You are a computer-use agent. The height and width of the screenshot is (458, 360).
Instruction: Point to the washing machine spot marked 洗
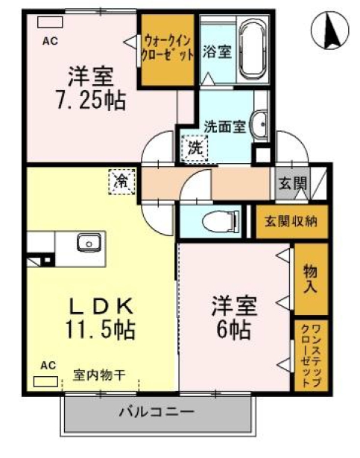(x=195, y=147)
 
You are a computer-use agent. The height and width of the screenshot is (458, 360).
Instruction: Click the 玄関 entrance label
(x=293, y=183)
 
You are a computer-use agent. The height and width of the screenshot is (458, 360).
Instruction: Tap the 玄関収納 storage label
(x=291, y=221)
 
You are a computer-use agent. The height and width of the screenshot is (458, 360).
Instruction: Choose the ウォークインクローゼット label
(x=170, y=50)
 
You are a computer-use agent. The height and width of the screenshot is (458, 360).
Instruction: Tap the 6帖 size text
(x=234, y=328)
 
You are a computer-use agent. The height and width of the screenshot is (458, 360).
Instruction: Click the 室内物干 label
(x=98, y=374)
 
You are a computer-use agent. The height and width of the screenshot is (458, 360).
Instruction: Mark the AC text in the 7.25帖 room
(x=50, y=41)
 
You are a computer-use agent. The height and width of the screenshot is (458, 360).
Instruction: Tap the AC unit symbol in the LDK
(x=46, y=381)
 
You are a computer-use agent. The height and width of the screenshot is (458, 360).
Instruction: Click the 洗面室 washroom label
(x=224, y=127)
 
